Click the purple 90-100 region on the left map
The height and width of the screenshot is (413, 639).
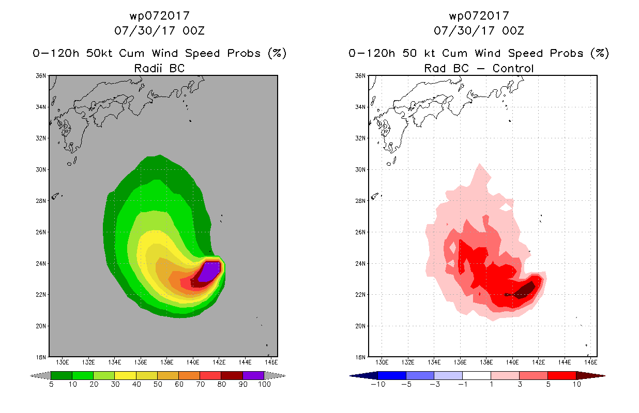[210, 272]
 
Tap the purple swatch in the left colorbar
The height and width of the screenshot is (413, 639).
[253, 375]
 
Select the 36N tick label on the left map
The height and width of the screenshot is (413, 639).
[41, 76]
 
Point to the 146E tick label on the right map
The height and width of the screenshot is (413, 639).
[590, 362]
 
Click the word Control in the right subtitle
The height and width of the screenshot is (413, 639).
[513, 68]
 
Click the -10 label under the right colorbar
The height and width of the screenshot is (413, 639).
[378, 384]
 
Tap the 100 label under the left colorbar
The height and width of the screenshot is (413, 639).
[264, 384]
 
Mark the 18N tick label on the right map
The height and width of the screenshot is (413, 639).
[360, 357]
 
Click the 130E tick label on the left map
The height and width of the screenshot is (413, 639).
[62, 362]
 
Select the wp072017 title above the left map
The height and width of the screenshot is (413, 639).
[160, 16]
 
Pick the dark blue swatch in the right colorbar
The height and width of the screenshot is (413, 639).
[392, 375]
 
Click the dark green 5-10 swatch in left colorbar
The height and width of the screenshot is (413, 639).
[62, 375]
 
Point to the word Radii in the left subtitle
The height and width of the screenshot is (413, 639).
[148, 68]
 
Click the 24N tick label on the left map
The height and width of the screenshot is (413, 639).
[41, 263]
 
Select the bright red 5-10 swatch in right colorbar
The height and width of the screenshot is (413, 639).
[561, 375]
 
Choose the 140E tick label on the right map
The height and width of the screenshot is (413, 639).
[512, 362]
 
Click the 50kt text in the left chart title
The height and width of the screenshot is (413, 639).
[99, 53]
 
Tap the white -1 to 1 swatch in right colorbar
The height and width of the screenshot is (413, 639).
[477, 375]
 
